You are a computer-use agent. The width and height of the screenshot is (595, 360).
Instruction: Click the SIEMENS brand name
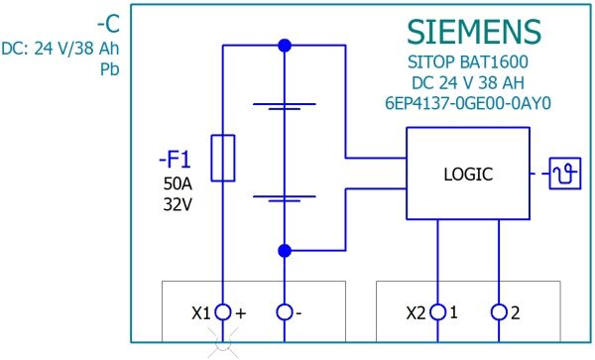[x=474, y=32]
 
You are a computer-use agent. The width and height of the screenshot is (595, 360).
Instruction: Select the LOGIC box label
[x=468, y=175]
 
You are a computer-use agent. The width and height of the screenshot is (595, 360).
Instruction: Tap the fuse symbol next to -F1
[x=223, y=158]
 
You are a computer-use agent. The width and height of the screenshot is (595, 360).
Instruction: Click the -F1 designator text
[x=175, y=160]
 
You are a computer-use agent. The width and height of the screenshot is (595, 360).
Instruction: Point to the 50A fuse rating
[x=178, y=184]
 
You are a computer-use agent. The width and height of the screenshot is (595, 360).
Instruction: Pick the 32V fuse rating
[x=178, y=204]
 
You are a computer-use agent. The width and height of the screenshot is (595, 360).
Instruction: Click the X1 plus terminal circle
[x=223, y=312]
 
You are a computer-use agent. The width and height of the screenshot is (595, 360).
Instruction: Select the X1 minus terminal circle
[x=285, y=312]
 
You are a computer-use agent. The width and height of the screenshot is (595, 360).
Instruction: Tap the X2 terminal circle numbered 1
[x=438, y=312]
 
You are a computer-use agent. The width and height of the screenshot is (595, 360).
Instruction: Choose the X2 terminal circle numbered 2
[x=499, y=312]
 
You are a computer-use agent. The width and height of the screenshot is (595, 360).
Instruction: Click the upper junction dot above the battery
[x=285, y=46]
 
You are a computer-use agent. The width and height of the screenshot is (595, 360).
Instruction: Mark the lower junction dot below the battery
[x=285, y=251]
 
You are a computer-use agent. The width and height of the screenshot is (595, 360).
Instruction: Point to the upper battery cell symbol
[x=285, y=106]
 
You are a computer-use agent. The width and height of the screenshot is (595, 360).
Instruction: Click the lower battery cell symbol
[x=285, y=198]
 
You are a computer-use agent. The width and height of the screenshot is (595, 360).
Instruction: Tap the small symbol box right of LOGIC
[x=565, y=174]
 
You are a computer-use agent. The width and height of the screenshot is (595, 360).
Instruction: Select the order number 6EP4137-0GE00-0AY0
[x=468, y=103]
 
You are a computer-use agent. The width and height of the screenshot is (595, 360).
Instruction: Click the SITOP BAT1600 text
[x=468, y=61]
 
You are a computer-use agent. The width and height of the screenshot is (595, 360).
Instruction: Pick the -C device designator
[x=108, y=24]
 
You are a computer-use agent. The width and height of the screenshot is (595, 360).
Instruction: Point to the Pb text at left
[x=110, y=69]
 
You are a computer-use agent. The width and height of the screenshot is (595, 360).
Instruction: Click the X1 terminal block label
[x=200, y=313]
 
